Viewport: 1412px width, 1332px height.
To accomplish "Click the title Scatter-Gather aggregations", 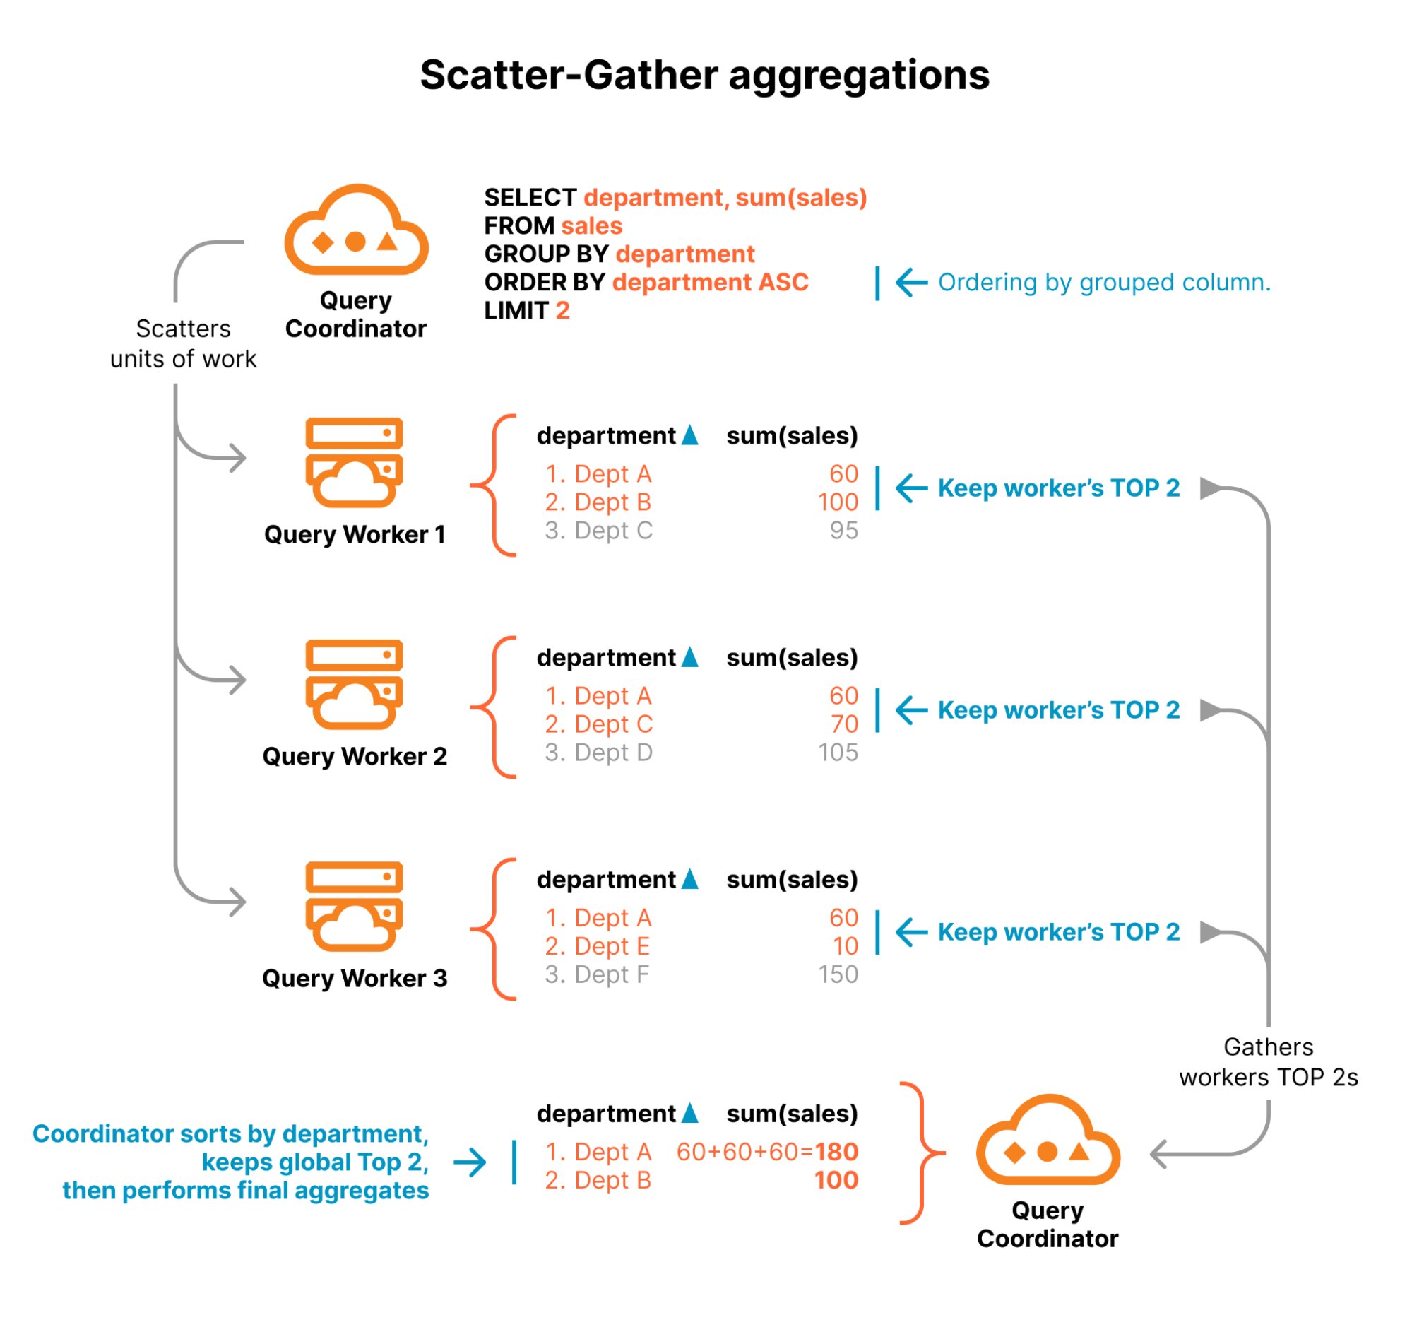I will pos(704,76).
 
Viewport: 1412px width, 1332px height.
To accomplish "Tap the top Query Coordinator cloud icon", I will pos(356,231).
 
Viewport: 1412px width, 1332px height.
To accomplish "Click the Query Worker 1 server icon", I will pos(354,462).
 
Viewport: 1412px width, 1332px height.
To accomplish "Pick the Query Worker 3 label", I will pos(355,978).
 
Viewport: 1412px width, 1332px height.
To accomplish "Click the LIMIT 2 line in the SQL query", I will pos(526,310).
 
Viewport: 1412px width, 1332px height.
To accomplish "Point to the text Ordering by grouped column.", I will pos(1103,283).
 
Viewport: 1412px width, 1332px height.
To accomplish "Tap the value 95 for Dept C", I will pos(843,531).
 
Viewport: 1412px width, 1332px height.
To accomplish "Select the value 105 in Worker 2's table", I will pos(838,753).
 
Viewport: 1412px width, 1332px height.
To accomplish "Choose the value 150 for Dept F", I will pos(838,974).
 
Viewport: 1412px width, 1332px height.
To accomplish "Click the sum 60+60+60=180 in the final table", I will pos(766,1152).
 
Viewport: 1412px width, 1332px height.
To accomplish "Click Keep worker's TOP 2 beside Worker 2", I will pos(1057,710).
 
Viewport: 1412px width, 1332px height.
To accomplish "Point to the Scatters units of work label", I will pos(182,344).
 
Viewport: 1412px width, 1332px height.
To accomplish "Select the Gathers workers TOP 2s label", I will pos(1268,1062).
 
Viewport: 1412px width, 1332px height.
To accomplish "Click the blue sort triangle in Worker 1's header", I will pos(689,435).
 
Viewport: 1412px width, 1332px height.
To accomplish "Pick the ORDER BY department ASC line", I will pos(646,283).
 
